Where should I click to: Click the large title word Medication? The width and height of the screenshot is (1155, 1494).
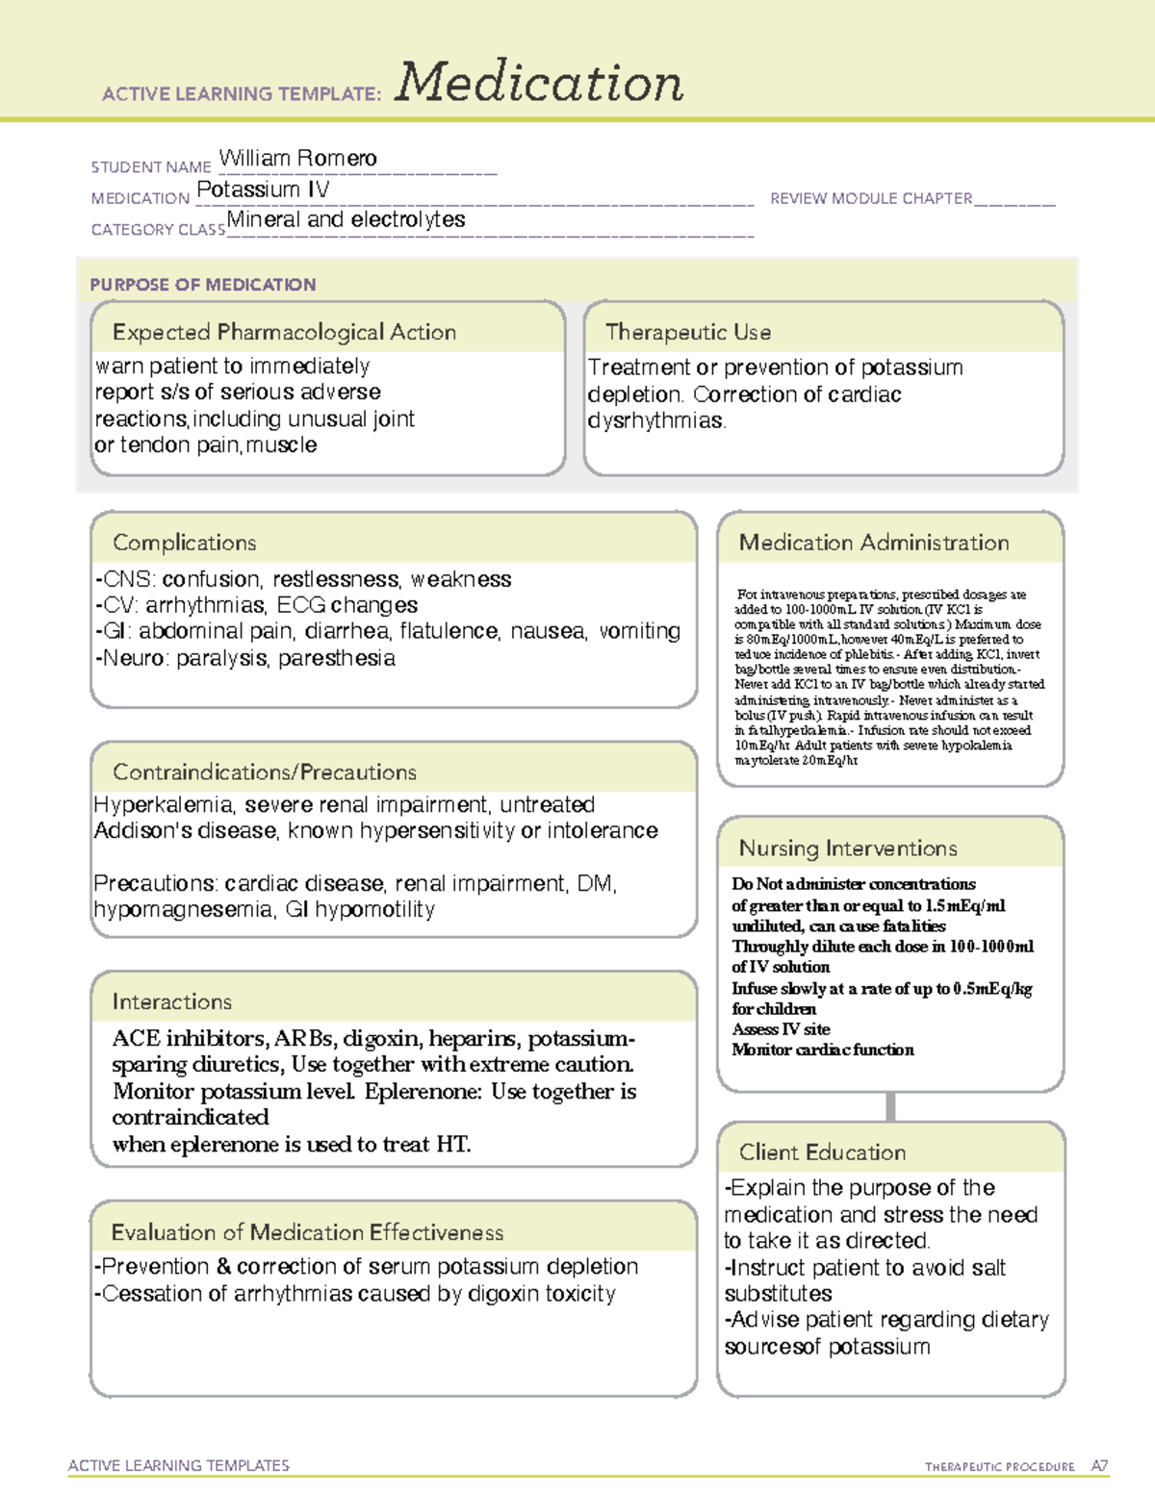tap(539, 83)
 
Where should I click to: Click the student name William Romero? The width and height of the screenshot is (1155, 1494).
tap(297, 158)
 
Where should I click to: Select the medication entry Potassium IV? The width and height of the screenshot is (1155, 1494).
tap(263, 190)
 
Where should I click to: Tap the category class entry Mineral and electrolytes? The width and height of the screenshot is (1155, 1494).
tap(346, 219)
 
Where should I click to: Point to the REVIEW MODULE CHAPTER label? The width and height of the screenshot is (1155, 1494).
tap(871, 198)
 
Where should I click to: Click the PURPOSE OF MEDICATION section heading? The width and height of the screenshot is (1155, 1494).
tap(203, 285)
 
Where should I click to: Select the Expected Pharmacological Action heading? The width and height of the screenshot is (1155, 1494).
tap(284, 332)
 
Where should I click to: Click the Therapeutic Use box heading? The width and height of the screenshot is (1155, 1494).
tap(687, 332)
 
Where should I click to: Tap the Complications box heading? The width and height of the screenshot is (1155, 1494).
tap(184, 543)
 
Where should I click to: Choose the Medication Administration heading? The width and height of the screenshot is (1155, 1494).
tap(873, 543)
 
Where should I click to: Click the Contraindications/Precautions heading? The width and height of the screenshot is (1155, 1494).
tap(265, 772)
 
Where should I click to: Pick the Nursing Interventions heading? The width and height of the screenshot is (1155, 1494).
tap(847, 848)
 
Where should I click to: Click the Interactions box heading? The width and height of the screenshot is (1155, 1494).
tap(171, 1001)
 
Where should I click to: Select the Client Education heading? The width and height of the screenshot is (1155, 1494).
tap(822, 1152)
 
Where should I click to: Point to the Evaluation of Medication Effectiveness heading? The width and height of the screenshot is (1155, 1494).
tap(307, 1232)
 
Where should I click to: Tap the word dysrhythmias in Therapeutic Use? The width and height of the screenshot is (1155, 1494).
tap(655, 420)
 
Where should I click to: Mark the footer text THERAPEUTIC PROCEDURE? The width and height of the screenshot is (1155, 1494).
tap(999, 1466)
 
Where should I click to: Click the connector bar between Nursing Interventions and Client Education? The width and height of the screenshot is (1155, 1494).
tap(890, 1106)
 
